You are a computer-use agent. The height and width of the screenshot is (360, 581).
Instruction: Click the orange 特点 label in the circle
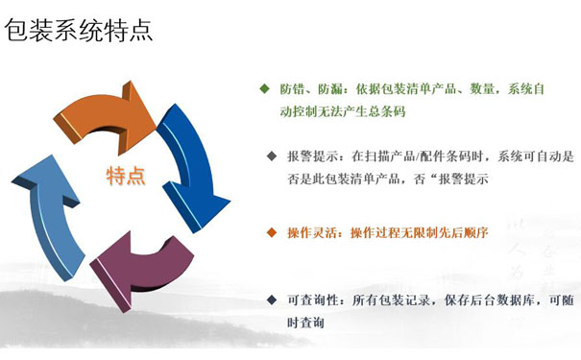[125, 176]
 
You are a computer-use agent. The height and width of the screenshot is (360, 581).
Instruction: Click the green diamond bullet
[264, 88]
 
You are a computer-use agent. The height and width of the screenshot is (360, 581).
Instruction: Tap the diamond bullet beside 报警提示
[271, 155]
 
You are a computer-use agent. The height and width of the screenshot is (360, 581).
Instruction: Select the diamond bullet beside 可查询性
[271, 300]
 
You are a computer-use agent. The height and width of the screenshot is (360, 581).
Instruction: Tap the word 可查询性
[311, 301]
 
